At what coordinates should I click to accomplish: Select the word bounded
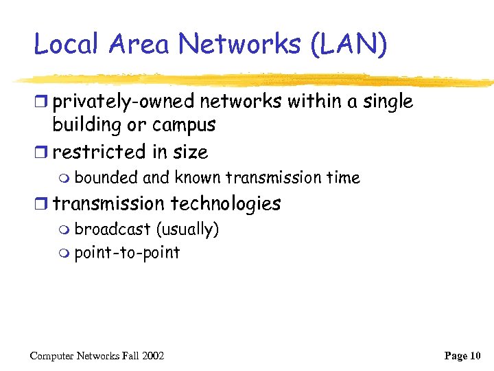pyautogui.click(x=107, y=178)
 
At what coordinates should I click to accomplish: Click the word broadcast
pyautogui.click(x=112, y=229)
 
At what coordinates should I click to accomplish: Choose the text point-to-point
pyautogui.click(x=127, y=253)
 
